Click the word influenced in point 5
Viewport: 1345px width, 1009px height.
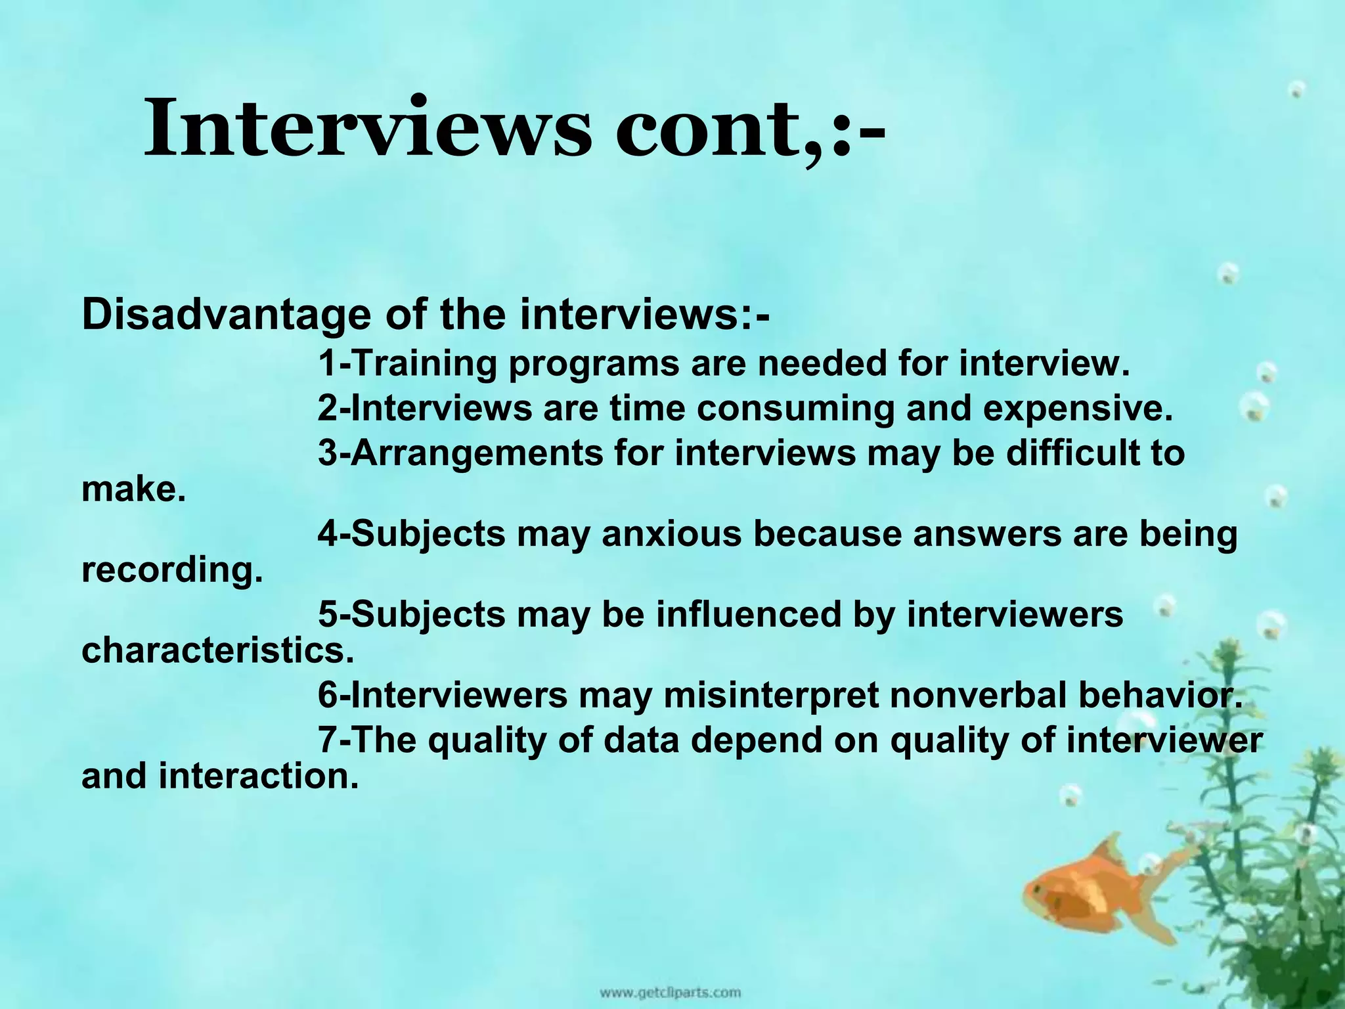click(x=749, y=614)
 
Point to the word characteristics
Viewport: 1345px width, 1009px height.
click(x=217, y=650)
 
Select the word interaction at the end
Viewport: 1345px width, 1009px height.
click(x=259, y=776)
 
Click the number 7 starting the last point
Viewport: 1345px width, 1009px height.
click(x=328, y=740)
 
